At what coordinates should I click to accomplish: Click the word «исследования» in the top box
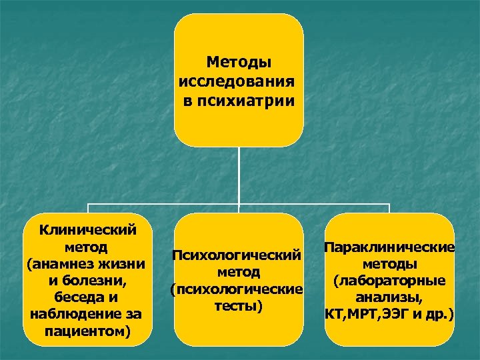pos(237,82)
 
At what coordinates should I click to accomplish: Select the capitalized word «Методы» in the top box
pos(239,63)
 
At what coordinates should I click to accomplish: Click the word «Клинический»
pos(89,231)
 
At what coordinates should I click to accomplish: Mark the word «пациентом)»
pos(89,331)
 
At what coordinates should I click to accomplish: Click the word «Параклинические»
pos(390,247)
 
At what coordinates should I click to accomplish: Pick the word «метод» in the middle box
pos(238,273)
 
